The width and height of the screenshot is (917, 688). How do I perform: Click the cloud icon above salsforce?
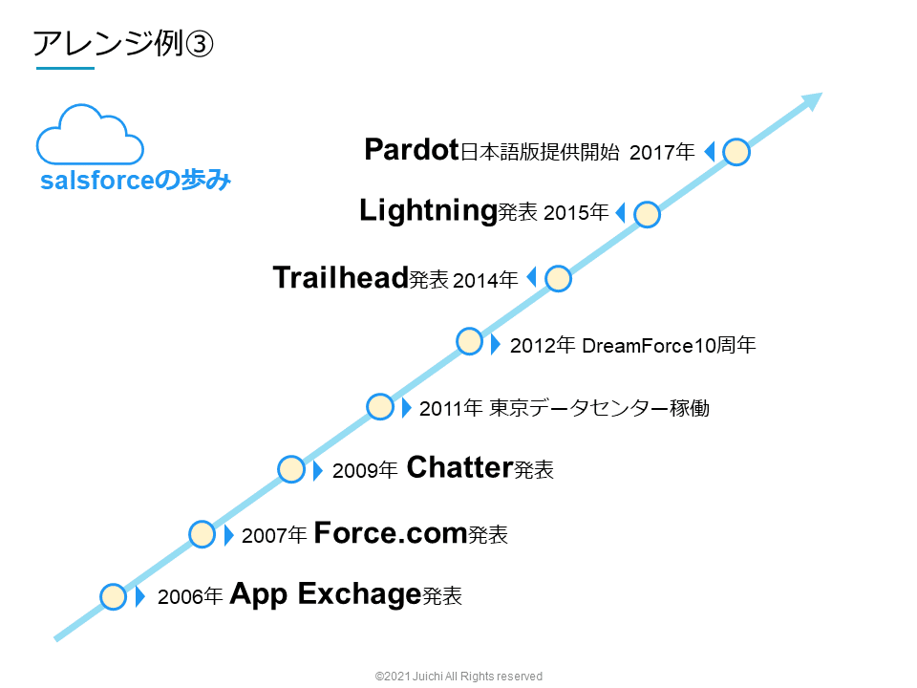click(90, 137)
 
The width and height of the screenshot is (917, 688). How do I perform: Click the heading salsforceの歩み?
click(136, 181)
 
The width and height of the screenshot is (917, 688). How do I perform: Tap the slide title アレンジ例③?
click(122, 44)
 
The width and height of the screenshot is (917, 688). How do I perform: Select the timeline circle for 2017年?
click(736, 152)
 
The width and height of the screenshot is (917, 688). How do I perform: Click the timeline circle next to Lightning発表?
click(647, 215)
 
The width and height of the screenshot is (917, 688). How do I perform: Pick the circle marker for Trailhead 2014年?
click(558, 278)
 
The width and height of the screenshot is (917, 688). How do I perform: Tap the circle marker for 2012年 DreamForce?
click(469, 341)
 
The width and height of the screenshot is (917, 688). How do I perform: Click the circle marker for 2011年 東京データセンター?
click(380, 406)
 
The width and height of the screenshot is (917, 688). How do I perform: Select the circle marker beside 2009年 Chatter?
click(291, 469)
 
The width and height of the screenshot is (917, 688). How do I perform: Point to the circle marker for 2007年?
click(202, 533)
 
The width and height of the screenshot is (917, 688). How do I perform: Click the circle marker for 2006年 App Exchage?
click(113, 596)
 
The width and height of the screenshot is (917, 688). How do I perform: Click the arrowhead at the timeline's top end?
click(812, 100)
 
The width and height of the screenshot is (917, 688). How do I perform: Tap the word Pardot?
click(412, 150)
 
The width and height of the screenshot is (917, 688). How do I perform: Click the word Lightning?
click(427, 211)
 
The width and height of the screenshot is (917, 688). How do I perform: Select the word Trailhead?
click(340, 277)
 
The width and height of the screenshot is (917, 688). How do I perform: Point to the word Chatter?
click(459, 467)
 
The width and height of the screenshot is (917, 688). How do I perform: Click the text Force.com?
click(390, 531)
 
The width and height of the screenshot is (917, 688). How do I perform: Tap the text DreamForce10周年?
click(669, 345)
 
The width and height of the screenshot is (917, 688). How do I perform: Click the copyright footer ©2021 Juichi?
click(458, 676)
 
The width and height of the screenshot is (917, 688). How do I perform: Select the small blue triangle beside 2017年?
click(709, 152)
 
